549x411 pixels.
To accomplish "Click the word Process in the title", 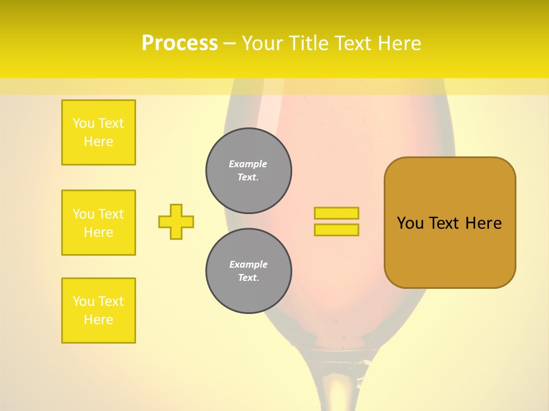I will pyautogui.click(x=180, y=43).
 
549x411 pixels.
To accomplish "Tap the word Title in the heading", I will pyautogui.click(x=307, y=43).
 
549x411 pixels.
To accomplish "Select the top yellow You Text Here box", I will pyautogui.click(x=98, y=132).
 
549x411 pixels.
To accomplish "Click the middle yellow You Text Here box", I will pyautogui.click(x=98, y=223).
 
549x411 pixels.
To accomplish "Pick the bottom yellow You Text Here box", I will pyautogui.click(x=98, y=311).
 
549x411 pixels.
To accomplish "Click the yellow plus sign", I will pyautogui.click(x=176, y=221).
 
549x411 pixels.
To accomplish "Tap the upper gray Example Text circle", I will pyautogui.click(x=249, y=171).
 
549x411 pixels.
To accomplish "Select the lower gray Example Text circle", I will pyautogui.click(x=249, y=271).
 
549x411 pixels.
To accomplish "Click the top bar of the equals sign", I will pyautogui.click(x=336, y=213).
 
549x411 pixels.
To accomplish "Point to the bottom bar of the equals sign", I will pyautogui.click(x=336, y=229).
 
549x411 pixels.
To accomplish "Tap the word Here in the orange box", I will pyautogui.click(x=483, y=223).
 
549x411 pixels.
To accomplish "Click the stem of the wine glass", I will pyautogui.click(x=332, y=388).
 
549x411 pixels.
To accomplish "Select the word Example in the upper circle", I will pyautogui.click(x=248, y=164).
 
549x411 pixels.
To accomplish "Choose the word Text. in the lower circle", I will pyautogui.click(x=248, y=278).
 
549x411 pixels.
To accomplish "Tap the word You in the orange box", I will pyautogui.click(x=410, y=223).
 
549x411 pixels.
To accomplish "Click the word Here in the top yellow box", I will pyautogui.click(x=98, y=142).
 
